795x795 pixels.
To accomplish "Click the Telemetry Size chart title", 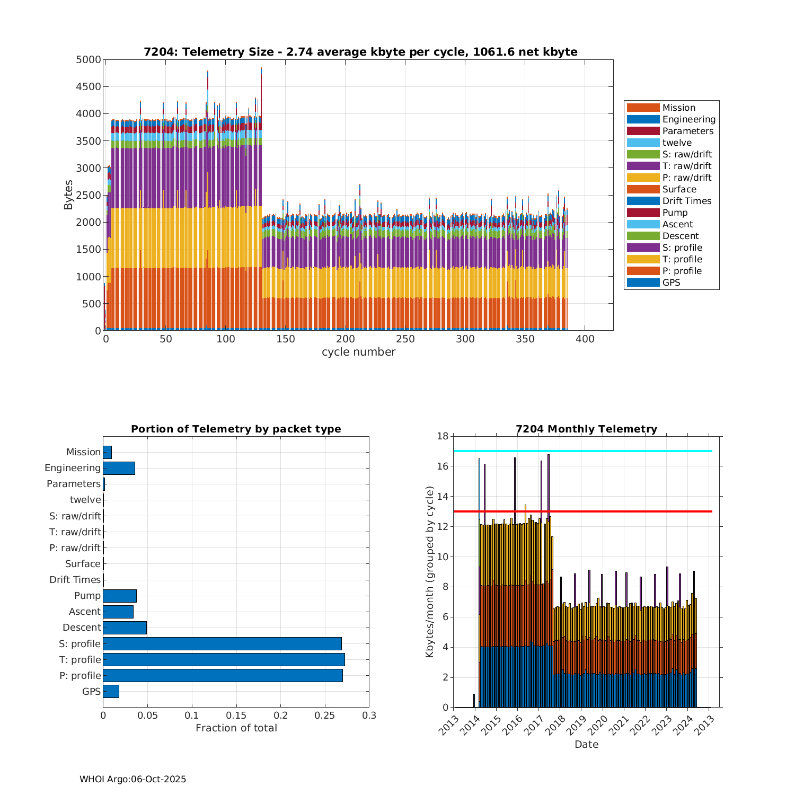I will point(360,52).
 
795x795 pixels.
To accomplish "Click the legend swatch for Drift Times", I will point(643,201).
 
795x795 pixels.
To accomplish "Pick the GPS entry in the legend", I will point(671,282).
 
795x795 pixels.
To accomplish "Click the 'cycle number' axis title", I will point(358,352).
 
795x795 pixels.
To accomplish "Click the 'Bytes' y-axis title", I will point(68,195).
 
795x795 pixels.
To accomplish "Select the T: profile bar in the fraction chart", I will point(224,659).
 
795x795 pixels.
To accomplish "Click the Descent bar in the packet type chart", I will point(125,628).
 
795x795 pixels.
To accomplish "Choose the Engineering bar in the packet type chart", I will point(119,468).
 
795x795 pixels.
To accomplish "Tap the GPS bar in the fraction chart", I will point(111,691).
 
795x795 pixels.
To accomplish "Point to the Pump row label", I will point(87,596).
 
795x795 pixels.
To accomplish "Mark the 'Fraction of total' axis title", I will point(236,728).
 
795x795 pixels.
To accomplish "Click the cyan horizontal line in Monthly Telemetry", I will point(583,451).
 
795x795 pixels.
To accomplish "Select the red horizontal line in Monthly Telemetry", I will point(583,511).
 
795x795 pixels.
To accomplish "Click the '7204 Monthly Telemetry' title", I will point(586,429).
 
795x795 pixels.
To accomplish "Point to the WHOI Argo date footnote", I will point(132,779).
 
